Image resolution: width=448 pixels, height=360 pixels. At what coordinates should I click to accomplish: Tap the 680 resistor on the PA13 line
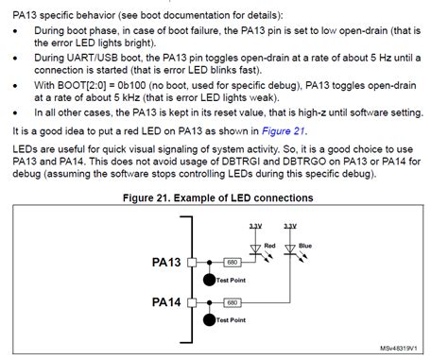tap(229, 262)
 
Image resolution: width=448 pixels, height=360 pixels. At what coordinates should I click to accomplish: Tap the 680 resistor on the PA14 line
tap(229, 302)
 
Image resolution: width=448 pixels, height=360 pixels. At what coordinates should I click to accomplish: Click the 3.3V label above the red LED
tap(255, 227)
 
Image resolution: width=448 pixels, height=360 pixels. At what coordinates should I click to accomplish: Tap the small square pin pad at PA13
tap(192, 262)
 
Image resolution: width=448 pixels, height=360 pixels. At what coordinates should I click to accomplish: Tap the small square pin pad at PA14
tap(192, 302)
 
